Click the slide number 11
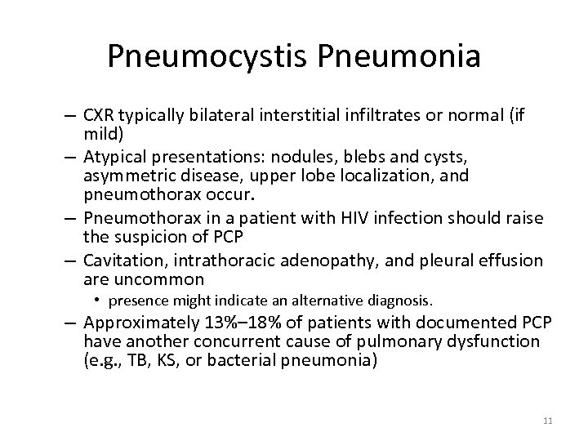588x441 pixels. [x=547, y=421]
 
